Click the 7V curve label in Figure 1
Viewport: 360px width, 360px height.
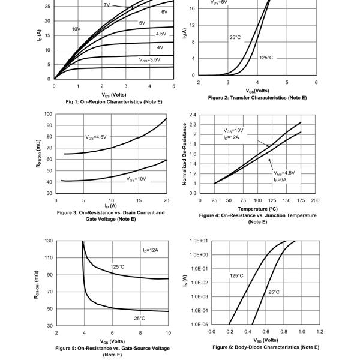pos(106,5)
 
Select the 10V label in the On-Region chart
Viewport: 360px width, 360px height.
pos(76,29)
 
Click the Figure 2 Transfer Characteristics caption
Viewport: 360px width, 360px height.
pos(257,97)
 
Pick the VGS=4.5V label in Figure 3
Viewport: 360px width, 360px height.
pos(95,137)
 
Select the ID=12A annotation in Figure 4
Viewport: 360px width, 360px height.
pos(232,137)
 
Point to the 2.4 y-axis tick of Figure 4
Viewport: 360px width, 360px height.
pos(193,114)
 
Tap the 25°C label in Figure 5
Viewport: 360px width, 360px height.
pos(140,319)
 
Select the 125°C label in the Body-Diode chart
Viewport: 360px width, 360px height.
pos(236,276)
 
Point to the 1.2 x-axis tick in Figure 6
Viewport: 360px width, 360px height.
pos(320,331)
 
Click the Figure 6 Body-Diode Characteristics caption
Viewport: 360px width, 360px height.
pos(266,347)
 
